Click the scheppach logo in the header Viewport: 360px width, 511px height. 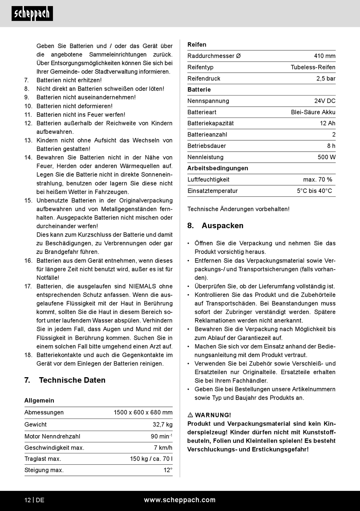pyautogui.click(x=32, y=14)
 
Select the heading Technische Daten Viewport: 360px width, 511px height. pyautogui.click(x=72, y=380)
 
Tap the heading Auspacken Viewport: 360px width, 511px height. pyautogui.click(x=222, y=226)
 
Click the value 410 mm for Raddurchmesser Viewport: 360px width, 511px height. pyautogui.click(x=324, y=56)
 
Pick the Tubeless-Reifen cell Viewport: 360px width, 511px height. pyautogui.click(x=313, y=67)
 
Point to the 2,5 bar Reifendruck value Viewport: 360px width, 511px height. pyautogui.click(x=326, y=78)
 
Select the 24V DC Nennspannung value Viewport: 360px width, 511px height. pyautogui.click(x=324, y=101)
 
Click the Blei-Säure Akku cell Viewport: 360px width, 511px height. pyautogui.click(x=313, y=112)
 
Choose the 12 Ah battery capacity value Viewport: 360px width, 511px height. pyautogui.click(x=327, y=123)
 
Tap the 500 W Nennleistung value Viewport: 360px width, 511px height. pyautogui.click(x=326, y=157)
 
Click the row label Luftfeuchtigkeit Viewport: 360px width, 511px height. pyautogui.click(x=208, y=180)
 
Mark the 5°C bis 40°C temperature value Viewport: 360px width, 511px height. pyautogui.click(x=314, y=191)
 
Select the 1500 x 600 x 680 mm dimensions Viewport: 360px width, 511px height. pyautogui.click(x=143, y=412)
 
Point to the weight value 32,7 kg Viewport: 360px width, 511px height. pyautogui.click(x=162, y=425)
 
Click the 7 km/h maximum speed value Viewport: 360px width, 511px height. pyautogui.click(x=163, y=448)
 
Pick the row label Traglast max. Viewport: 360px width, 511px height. pyautogui.click(x=43, y=459)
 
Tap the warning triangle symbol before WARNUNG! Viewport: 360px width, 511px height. pyautogui.click(x=190, y=415)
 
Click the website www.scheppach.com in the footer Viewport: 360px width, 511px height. pyautogui.click(x=180, y=500)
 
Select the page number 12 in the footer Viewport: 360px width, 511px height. pyautogui.click(x=28, y=500)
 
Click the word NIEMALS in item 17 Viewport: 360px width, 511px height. pyautogui.click(x=142, y=287)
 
